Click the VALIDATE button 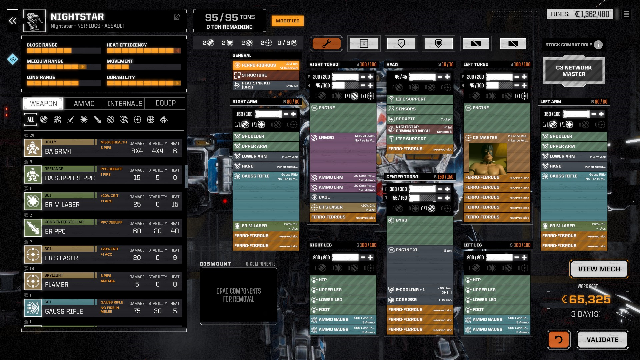coord(602,340)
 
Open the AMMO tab coord(84,104)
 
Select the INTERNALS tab coord(125,104)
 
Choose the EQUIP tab coord(165,103)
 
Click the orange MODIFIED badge coord(287,21)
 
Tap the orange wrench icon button coord(326,44)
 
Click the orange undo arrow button coord(558,340)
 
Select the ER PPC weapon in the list coord(103,228)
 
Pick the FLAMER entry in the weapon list coord(103,281)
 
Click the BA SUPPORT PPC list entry coord(103,175)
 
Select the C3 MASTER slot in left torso coord(497,138)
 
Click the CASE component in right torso coord(343,197)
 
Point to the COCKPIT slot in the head coord(419,119)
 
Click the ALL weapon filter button coord(30,120)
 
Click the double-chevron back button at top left coord(13,21)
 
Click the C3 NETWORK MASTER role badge coord(574,71)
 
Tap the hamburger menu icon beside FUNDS coord(626,14)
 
